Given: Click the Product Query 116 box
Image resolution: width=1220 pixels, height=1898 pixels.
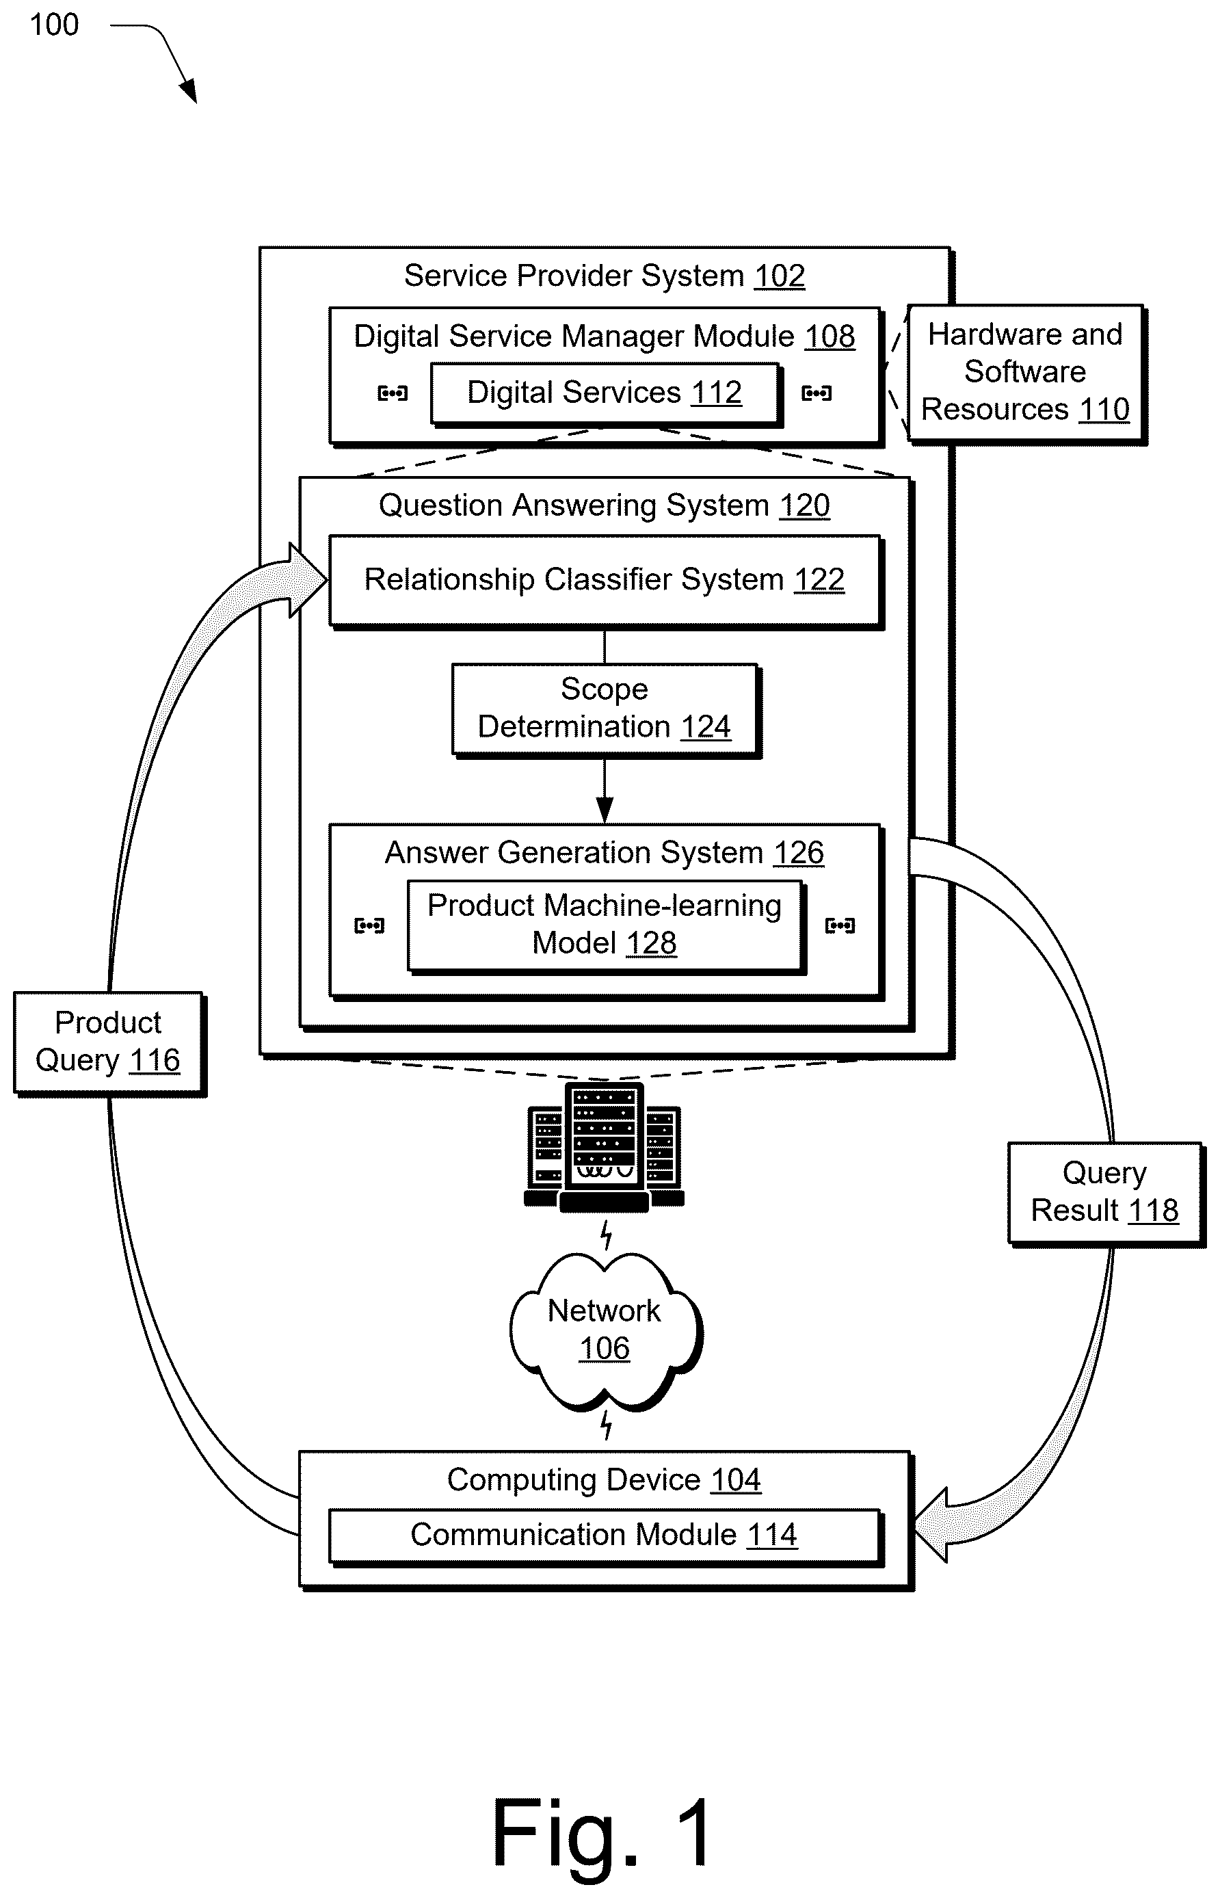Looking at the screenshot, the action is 109,1043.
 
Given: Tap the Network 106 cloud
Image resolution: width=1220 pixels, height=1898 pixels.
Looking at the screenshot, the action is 606,1332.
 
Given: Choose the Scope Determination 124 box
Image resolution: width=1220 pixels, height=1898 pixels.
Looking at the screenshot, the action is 606,710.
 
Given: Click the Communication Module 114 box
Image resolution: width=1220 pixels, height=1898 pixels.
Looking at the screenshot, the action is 605,1537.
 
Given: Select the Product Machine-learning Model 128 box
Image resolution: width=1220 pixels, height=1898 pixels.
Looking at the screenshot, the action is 606,926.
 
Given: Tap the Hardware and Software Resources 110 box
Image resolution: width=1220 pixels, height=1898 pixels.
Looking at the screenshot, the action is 1026,374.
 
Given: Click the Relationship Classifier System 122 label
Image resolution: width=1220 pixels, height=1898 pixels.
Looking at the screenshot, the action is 604,579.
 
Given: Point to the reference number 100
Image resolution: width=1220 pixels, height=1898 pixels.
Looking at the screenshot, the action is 54,25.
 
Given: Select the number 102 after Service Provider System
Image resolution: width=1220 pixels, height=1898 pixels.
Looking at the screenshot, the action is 779,276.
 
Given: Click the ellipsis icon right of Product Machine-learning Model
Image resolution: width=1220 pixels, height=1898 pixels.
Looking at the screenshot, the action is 840,925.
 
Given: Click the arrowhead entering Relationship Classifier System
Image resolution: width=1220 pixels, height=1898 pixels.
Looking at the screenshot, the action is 308,580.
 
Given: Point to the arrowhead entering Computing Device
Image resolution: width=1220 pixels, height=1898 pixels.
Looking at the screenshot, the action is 930,1525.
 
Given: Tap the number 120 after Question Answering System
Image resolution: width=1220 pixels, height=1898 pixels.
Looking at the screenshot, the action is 804,505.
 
